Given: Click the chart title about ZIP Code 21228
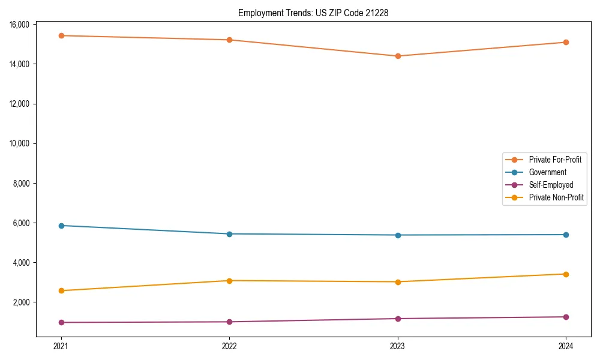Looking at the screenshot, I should coord(313,13).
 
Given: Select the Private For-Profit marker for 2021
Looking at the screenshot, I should coord(61,35).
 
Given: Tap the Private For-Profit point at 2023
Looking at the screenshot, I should coord(398,56).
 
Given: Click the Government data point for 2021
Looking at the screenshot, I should coord(61,226).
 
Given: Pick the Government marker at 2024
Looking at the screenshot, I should coord(566,235).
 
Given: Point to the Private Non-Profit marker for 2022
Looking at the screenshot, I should coord(229,281).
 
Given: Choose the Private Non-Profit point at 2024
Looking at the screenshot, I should coord(566,274).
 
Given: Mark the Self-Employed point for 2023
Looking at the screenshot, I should coord(398,319).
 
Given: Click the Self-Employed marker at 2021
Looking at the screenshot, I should coord(61,322).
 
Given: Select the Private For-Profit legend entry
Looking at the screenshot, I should coord(554,160).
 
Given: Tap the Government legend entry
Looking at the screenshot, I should coord(547,172).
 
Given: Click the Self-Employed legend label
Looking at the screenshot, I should coord(551,185).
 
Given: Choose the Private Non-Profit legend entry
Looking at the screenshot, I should coord(556,197).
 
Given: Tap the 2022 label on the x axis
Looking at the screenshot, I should coord(229,346).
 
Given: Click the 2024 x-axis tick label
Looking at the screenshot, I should coord(566,346).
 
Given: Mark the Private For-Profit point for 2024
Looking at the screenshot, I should coord(566,42).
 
